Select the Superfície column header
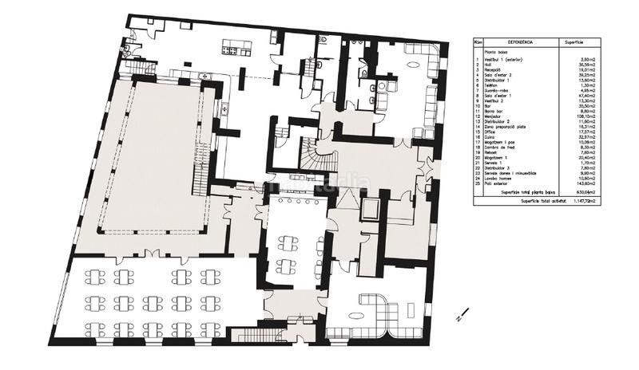578,43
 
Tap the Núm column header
478,43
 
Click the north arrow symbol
458,315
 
